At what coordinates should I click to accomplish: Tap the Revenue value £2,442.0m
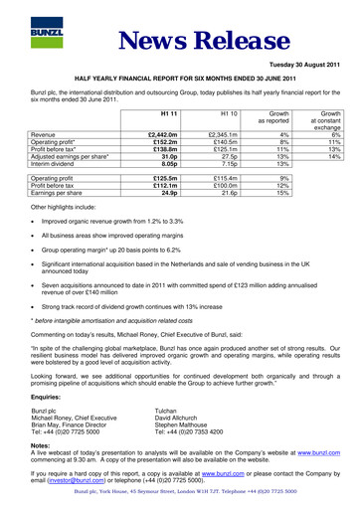[162, 133]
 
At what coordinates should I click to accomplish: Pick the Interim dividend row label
[55, 164]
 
